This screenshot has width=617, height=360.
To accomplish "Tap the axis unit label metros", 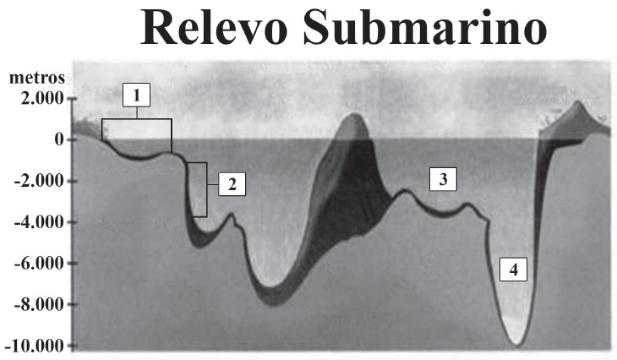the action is click(37, 78).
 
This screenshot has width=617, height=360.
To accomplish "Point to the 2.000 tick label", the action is click(42, 98).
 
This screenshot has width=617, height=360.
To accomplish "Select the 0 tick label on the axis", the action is click(59, 139).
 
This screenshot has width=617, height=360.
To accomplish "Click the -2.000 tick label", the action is click(39, 181).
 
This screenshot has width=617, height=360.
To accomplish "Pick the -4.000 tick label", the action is click(39, 222).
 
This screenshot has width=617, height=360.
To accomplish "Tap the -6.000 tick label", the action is click(39, 263).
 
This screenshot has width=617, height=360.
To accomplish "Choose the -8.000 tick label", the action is click(39, 304).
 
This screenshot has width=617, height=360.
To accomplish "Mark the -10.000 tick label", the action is click(35, 346).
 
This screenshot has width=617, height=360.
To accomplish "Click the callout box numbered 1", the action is click(137, 95).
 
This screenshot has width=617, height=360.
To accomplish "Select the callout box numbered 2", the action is click(232, 184).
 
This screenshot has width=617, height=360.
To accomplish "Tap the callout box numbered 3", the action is click(443, 179).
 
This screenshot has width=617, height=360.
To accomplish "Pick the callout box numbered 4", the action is click(514, 270).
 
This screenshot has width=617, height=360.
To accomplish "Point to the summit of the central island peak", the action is click(354, 114).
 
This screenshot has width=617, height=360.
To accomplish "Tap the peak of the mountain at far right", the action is click(577, 101).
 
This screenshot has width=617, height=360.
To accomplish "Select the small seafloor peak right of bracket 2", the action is click(232, 214).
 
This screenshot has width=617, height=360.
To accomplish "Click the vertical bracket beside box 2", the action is click(206, 189).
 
